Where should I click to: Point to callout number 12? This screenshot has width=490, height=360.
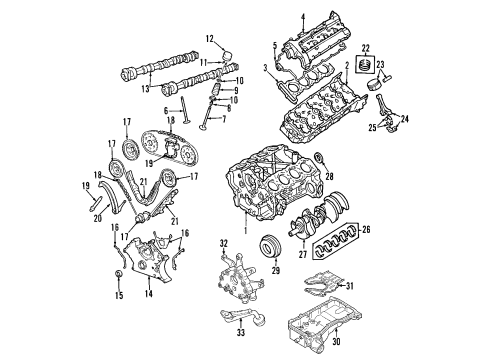point(210,39)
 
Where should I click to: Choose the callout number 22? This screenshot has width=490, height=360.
point(366,49)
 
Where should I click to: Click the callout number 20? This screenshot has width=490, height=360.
point(107,208)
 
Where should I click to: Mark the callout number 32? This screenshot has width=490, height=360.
point(224,243)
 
